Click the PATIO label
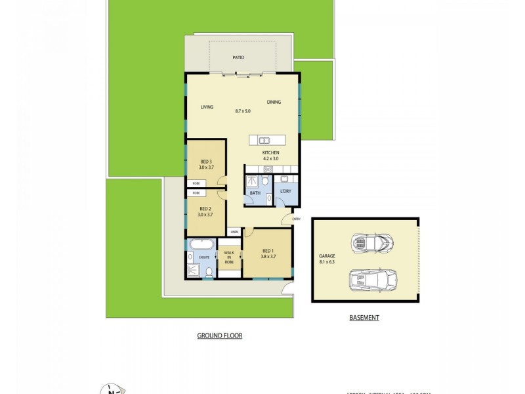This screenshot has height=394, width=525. tap(238, 58)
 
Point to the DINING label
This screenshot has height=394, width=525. tap(274, 102)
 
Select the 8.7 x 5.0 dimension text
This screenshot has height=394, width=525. tap(243, 111)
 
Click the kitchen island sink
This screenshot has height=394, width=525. tap(264, 140)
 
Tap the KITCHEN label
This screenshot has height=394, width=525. tap(271, 153)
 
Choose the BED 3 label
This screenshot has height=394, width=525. tap(205, 162)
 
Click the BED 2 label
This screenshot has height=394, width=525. tap(205, 209)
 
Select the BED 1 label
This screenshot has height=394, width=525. tap(267, 251)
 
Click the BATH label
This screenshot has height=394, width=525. tap(255, 193)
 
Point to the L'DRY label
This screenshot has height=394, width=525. tap(285, 191)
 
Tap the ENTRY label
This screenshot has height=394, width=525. tap(296, 219)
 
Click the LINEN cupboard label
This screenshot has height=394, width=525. tap(234, 232)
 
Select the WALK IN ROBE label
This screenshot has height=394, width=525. tap(229, 257)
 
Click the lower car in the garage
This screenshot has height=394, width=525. tap(372, 280)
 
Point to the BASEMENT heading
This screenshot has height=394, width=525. tap(364, 318)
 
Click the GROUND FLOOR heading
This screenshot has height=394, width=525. tap(220, 336)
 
